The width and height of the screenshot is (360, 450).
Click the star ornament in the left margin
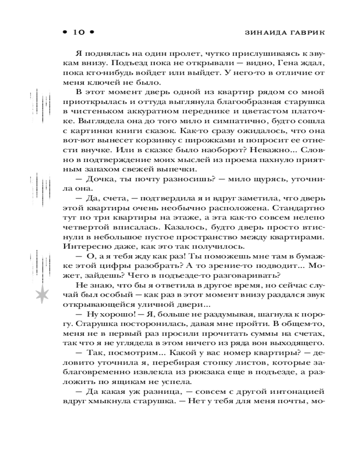click(x=42, y=293)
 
